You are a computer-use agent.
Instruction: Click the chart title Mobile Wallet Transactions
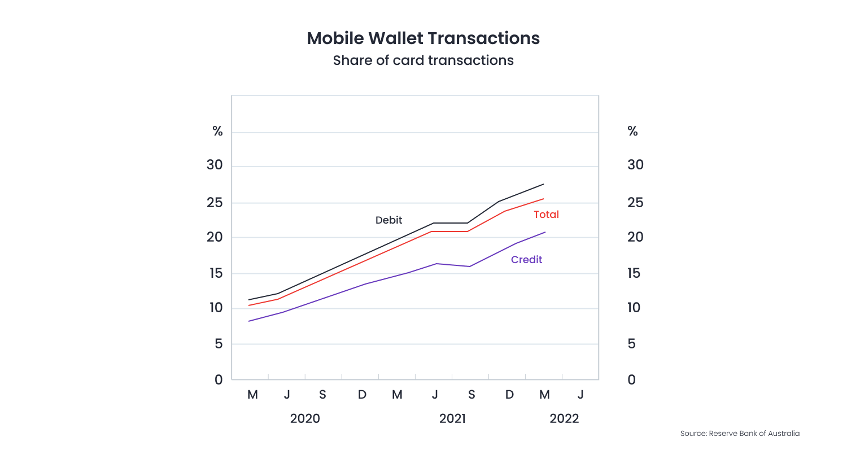[423, 38]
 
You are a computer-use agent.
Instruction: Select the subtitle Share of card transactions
[423, 60]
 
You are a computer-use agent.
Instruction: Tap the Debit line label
[388, 220]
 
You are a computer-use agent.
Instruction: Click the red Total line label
[546, 215]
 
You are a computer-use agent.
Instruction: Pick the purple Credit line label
[526, 260]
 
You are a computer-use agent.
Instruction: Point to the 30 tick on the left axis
[215, 165]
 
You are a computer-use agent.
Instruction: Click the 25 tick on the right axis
[635, 203]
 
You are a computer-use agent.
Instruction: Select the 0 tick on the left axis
[219, 380]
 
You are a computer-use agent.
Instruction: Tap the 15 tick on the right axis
[634, 273]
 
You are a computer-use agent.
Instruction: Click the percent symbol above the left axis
[217, 132]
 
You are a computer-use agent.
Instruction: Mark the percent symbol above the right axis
[632, 132]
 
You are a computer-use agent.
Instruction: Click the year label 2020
[305, 418]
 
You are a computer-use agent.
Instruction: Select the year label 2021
[452, 418]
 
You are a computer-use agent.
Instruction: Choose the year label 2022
[564, 418]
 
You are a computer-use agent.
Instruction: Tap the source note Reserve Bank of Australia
[740, 434]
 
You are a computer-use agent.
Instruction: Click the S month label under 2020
[322, 395]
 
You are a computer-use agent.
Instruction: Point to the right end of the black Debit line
[543, 184]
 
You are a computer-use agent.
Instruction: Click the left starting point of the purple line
[249, 321]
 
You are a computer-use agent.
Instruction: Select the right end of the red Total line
[543, 199]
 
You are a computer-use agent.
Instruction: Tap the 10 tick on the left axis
[216, 308]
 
